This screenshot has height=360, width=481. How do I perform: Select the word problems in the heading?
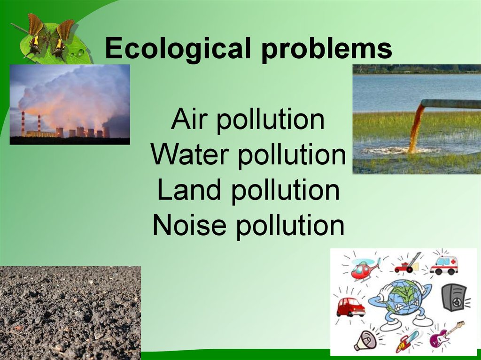coord(327,49)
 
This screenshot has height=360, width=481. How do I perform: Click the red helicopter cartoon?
coord(364,269)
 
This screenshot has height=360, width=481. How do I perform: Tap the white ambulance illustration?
coord(443,265)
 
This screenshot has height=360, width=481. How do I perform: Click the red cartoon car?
coord(350,306)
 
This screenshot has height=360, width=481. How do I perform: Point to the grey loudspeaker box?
coord(453,297)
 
